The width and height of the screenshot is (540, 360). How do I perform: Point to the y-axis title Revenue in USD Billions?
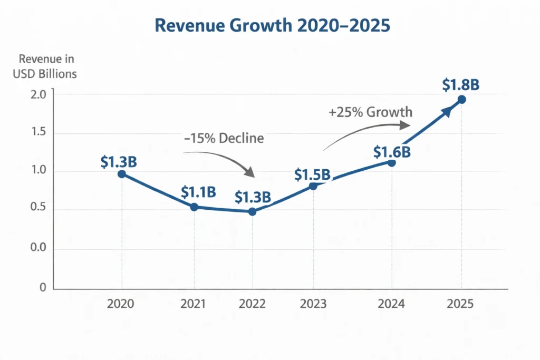pos(45,67)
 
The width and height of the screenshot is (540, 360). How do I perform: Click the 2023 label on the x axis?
pos(314,304)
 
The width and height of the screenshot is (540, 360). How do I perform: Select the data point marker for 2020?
pos(122,174)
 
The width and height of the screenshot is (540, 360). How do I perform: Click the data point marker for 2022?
pos(252,211)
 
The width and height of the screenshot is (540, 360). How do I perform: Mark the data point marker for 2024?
pos(391,163)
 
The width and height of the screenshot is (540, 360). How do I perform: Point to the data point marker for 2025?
pos(462,100)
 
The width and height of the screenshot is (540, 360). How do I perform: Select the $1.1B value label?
pos(198,192)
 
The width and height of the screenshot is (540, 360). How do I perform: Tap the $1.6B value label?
pos(392,152)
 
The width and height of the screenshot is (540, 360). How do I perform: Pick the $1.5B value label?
pos(312,174)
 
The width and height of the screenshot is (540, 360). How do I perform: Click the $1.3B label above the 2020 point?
pos(119,162)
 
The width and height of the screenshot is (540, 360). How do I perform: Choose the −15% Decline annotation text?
pos(224,139)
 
